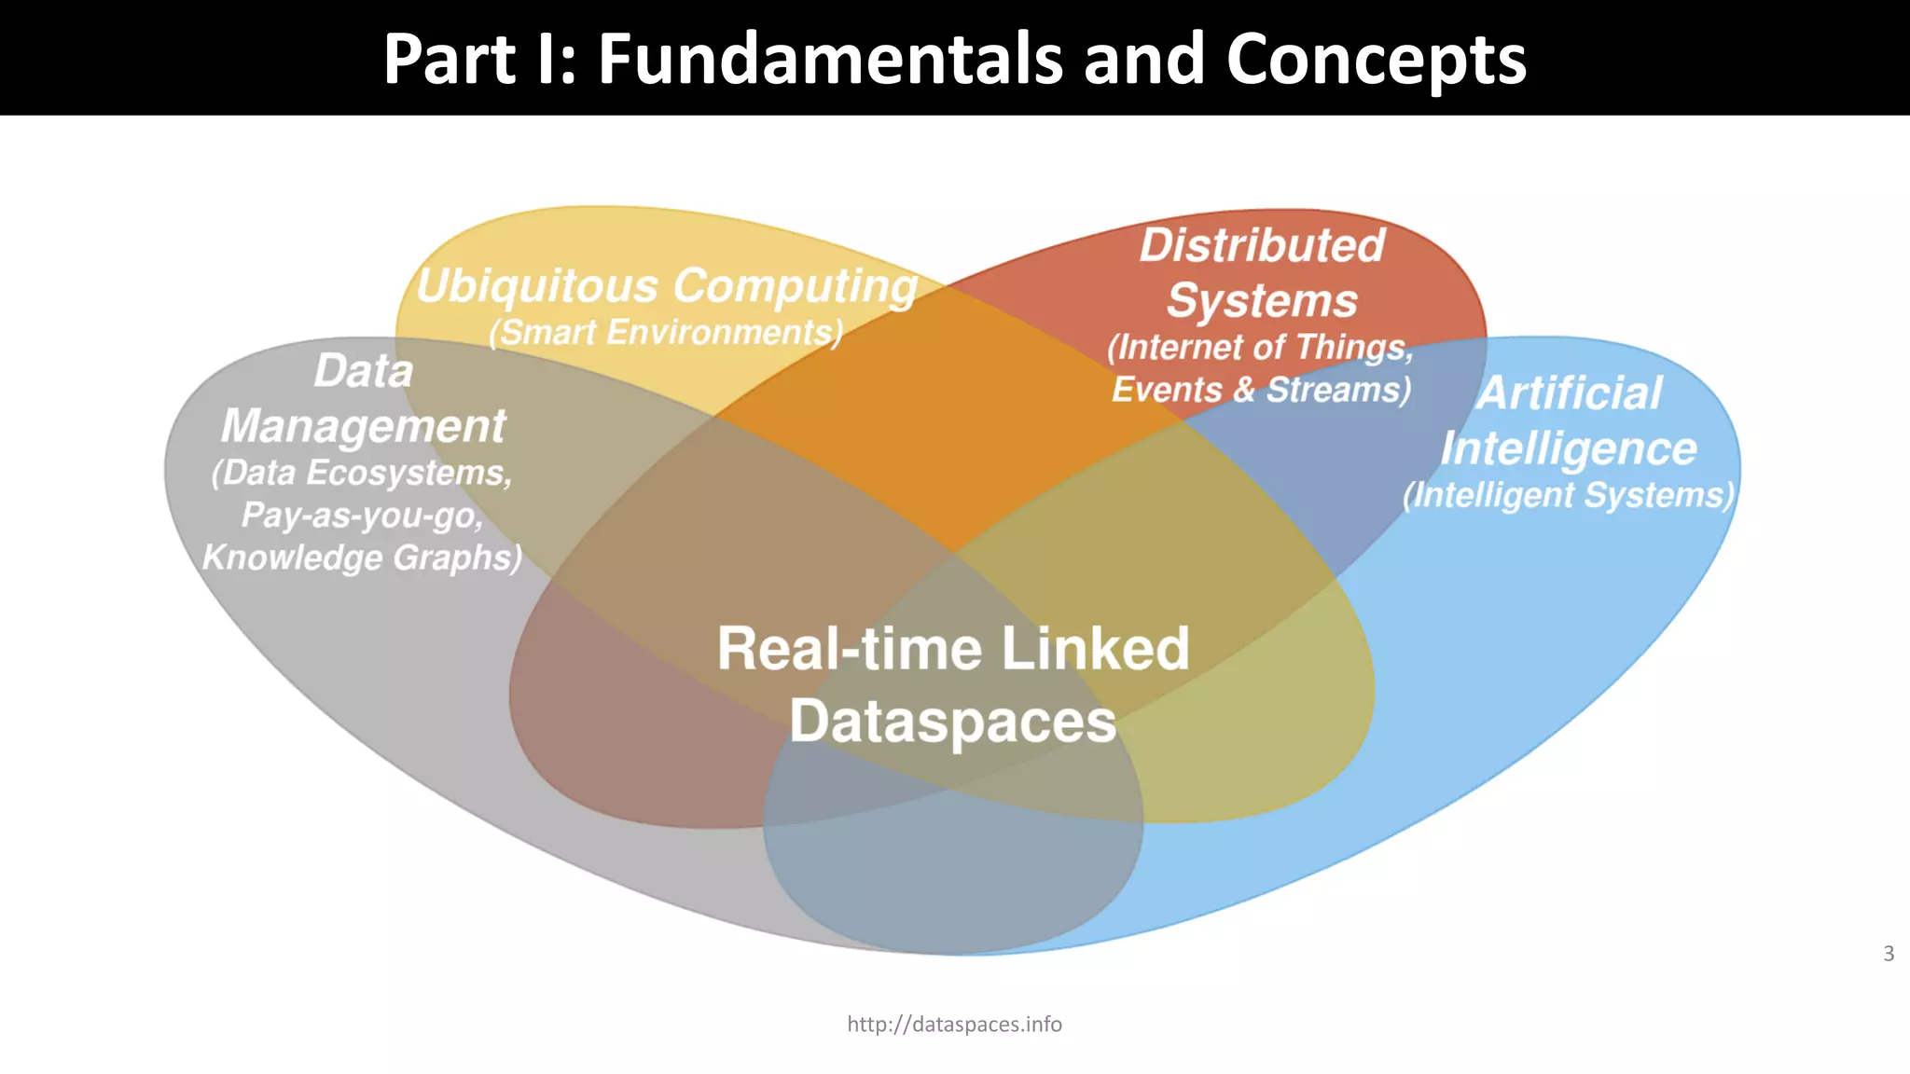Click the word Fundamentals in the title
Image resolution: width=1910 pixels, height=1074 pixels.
(832, 59)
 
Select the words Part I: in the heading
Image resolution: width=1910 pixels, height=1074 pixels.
(479, 59)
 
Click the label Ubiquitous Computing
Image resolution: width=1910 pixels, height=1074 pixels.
(667, 286)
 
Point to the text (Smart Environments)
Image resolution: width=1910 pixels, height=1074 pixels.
(666, 333)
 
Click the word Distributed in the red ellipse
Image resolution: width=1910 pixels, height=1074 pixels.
(1262, 246)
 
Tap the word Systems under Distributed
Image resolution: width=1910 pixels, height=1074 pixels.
(1262, 301)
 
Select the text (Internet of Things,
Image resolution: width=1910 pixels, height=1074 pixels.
(1260, 348)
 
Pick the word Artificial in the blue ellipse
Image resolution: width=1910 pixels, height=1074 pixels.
(1570, 392)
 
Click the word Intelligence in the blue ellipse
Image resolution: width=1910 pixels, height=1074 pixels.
(1569, 448)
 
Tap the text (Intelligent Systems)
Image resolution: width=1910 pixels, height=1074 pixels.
(1569, 495)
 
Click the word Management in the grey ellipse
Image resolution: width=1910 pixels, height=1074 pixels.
(363, 426)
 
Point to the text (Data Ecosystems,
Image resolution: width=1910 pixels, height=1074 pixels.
(362, 473)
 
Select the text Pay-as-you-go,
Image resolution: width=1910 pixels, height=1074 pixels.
(362, 516)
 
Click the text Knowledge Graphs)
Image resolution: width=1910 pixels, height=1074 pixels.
(362, 558)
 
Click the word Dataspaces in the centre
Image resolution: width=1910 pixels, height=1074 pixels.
(952, 722)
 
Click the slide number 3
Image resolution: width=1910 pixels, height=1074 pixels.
(1889, 954)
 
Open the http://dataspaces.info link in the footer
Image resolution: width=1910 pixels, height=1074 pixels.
(954, 1025)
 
